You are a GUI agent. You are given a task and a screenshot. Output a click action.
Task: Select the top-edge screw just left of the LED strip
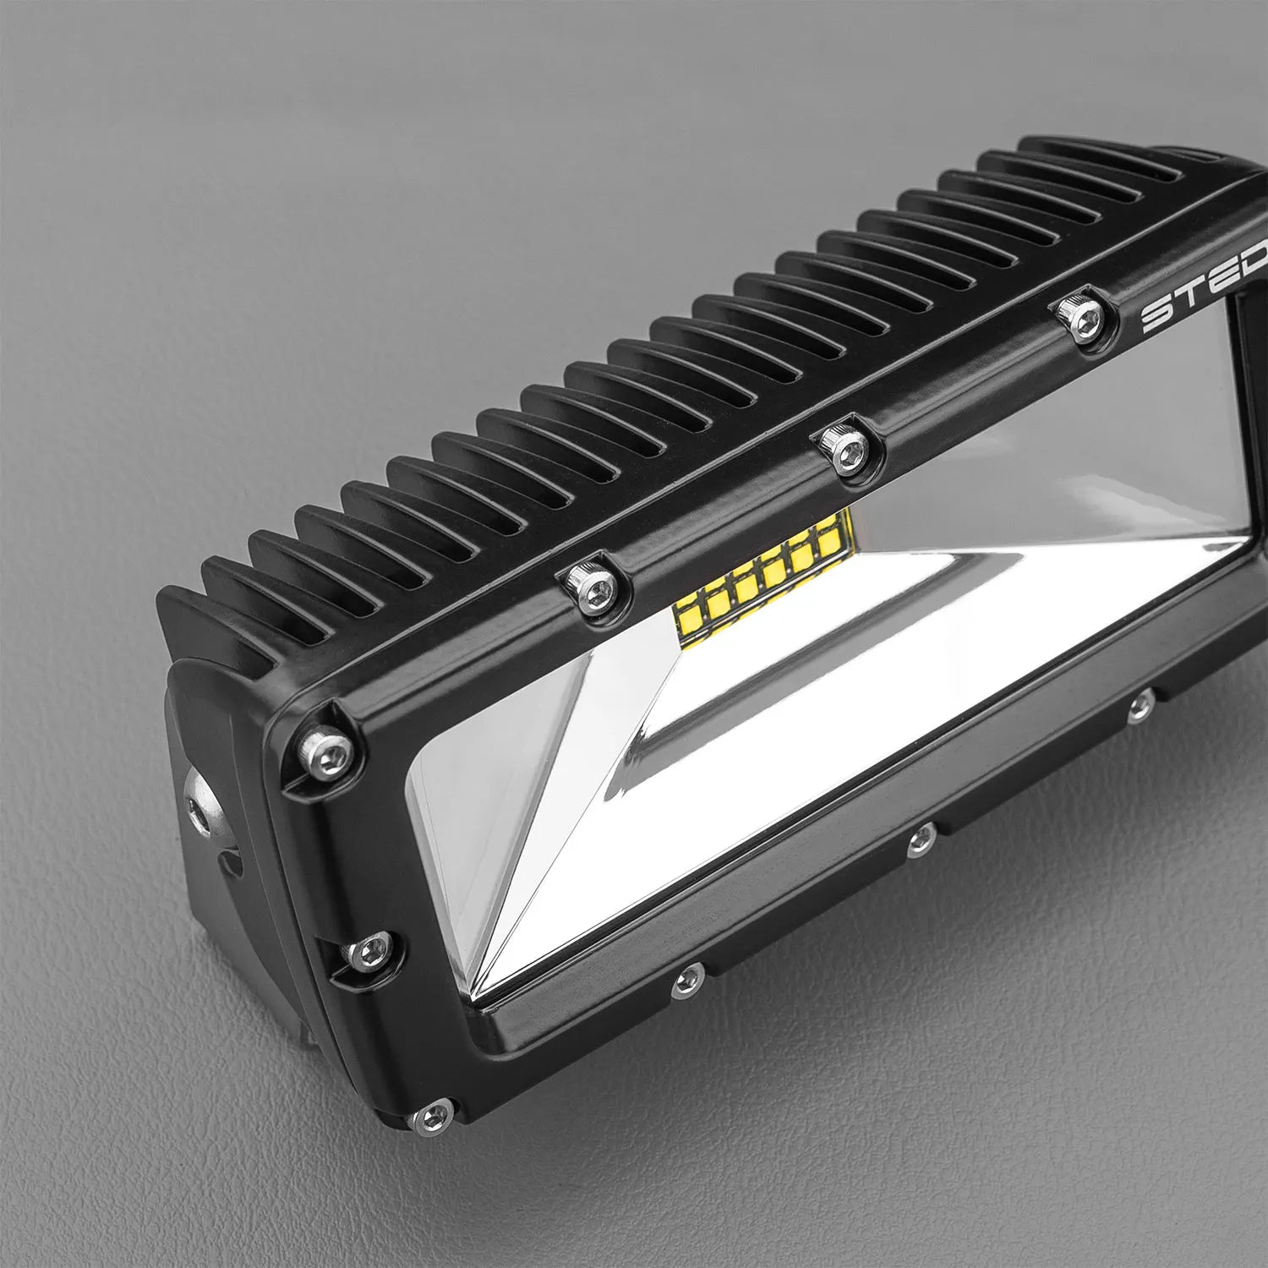(x=585, y=583)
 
